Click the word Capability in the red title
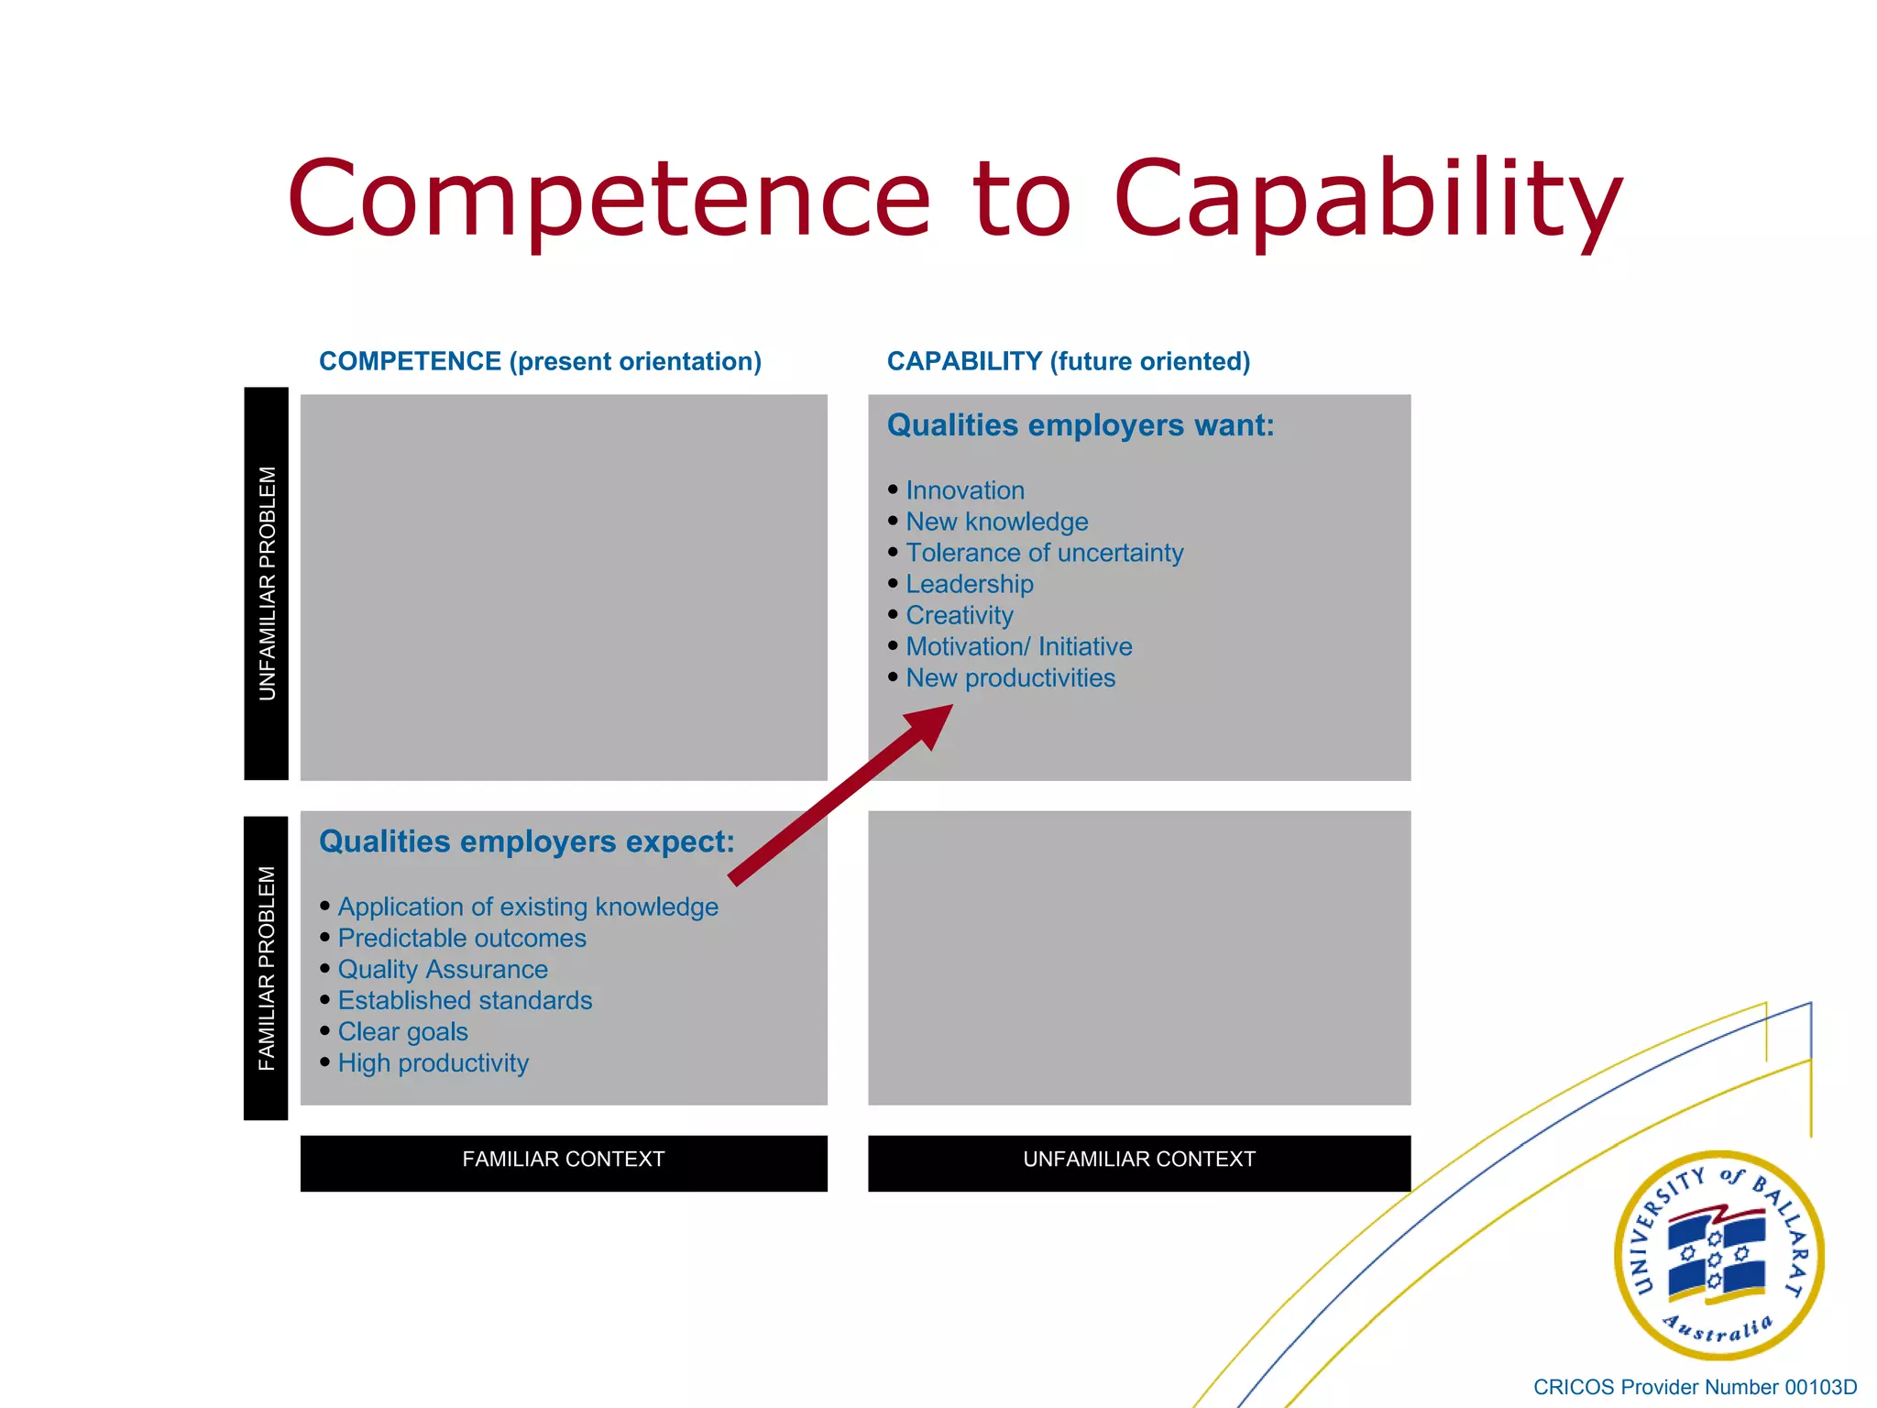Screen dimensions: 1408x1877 point(1367,199)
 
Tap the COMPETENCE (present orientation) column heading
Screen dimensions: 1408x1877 point(540,361)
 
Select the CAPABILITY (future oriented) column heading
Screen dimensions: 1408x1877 point(1068,361)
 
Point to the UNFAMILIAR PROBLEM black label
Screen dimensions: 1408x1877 point(267,584)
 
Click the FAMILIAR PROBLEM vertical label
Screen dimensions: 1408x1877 point(267,968)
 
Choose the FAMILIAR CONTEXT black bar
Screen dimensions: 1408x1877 point(564,1160)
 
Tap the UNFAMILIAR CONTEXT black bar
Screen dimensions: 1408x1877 point(1139,1160)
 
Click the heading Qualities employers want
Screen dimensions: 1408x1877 point(1081,425)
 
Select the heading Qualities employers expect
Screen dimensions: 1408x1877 point(527,841)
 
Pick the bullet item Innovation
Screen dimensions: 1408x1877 point(965,490)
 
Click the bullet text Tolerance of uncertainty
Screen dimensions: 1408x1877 point(1044,553)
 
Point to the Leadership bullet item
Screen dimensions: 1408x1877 point(969,584)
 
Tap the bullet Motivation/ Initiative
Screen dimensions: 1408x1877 point(1018,646)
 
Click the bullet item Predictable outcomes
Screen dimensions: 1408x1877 point(462,938)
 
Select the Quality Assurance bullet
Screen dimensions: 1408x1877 point(443,969)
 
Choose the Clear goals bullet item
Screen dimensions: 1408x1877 point(402,1031)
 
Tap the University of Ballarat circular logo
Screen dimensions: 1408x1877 point(1718,1255)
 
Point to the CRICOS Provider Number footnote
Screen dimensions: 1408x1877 point(1695,1387)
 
